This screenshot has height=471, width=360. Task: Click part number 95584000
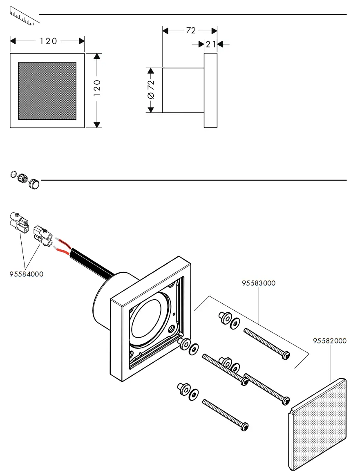tap(26, 274)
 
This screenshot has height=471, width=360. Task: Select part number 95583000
tap(259, 283)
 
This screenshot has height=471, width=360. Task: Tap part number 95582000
tap(330, 341)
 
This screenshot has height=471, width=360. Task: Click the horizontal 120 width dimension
tap(48, 41)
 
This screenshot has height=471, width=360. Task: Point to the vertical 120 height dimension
tap(97, 88)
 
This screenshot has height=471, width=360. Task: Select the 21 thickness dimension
tap(211, 44)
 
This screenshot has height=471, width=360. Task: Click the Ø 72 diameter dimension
tap(151, 90)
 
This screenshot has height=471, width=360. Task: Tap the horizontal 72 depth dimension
tap(190, 31)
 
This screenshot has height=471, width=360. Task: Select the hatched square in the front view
tap(47, 91)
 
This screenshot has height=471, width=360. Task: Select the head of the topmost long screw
tap(286, 356)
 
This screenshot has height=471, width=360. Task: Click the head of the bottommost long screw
tap(245, 426)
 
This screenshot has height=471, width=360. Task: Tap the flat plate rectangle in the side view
tap(210, 90)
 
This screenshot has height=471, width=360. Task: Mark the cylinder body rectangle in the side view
tap(183, 90)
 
